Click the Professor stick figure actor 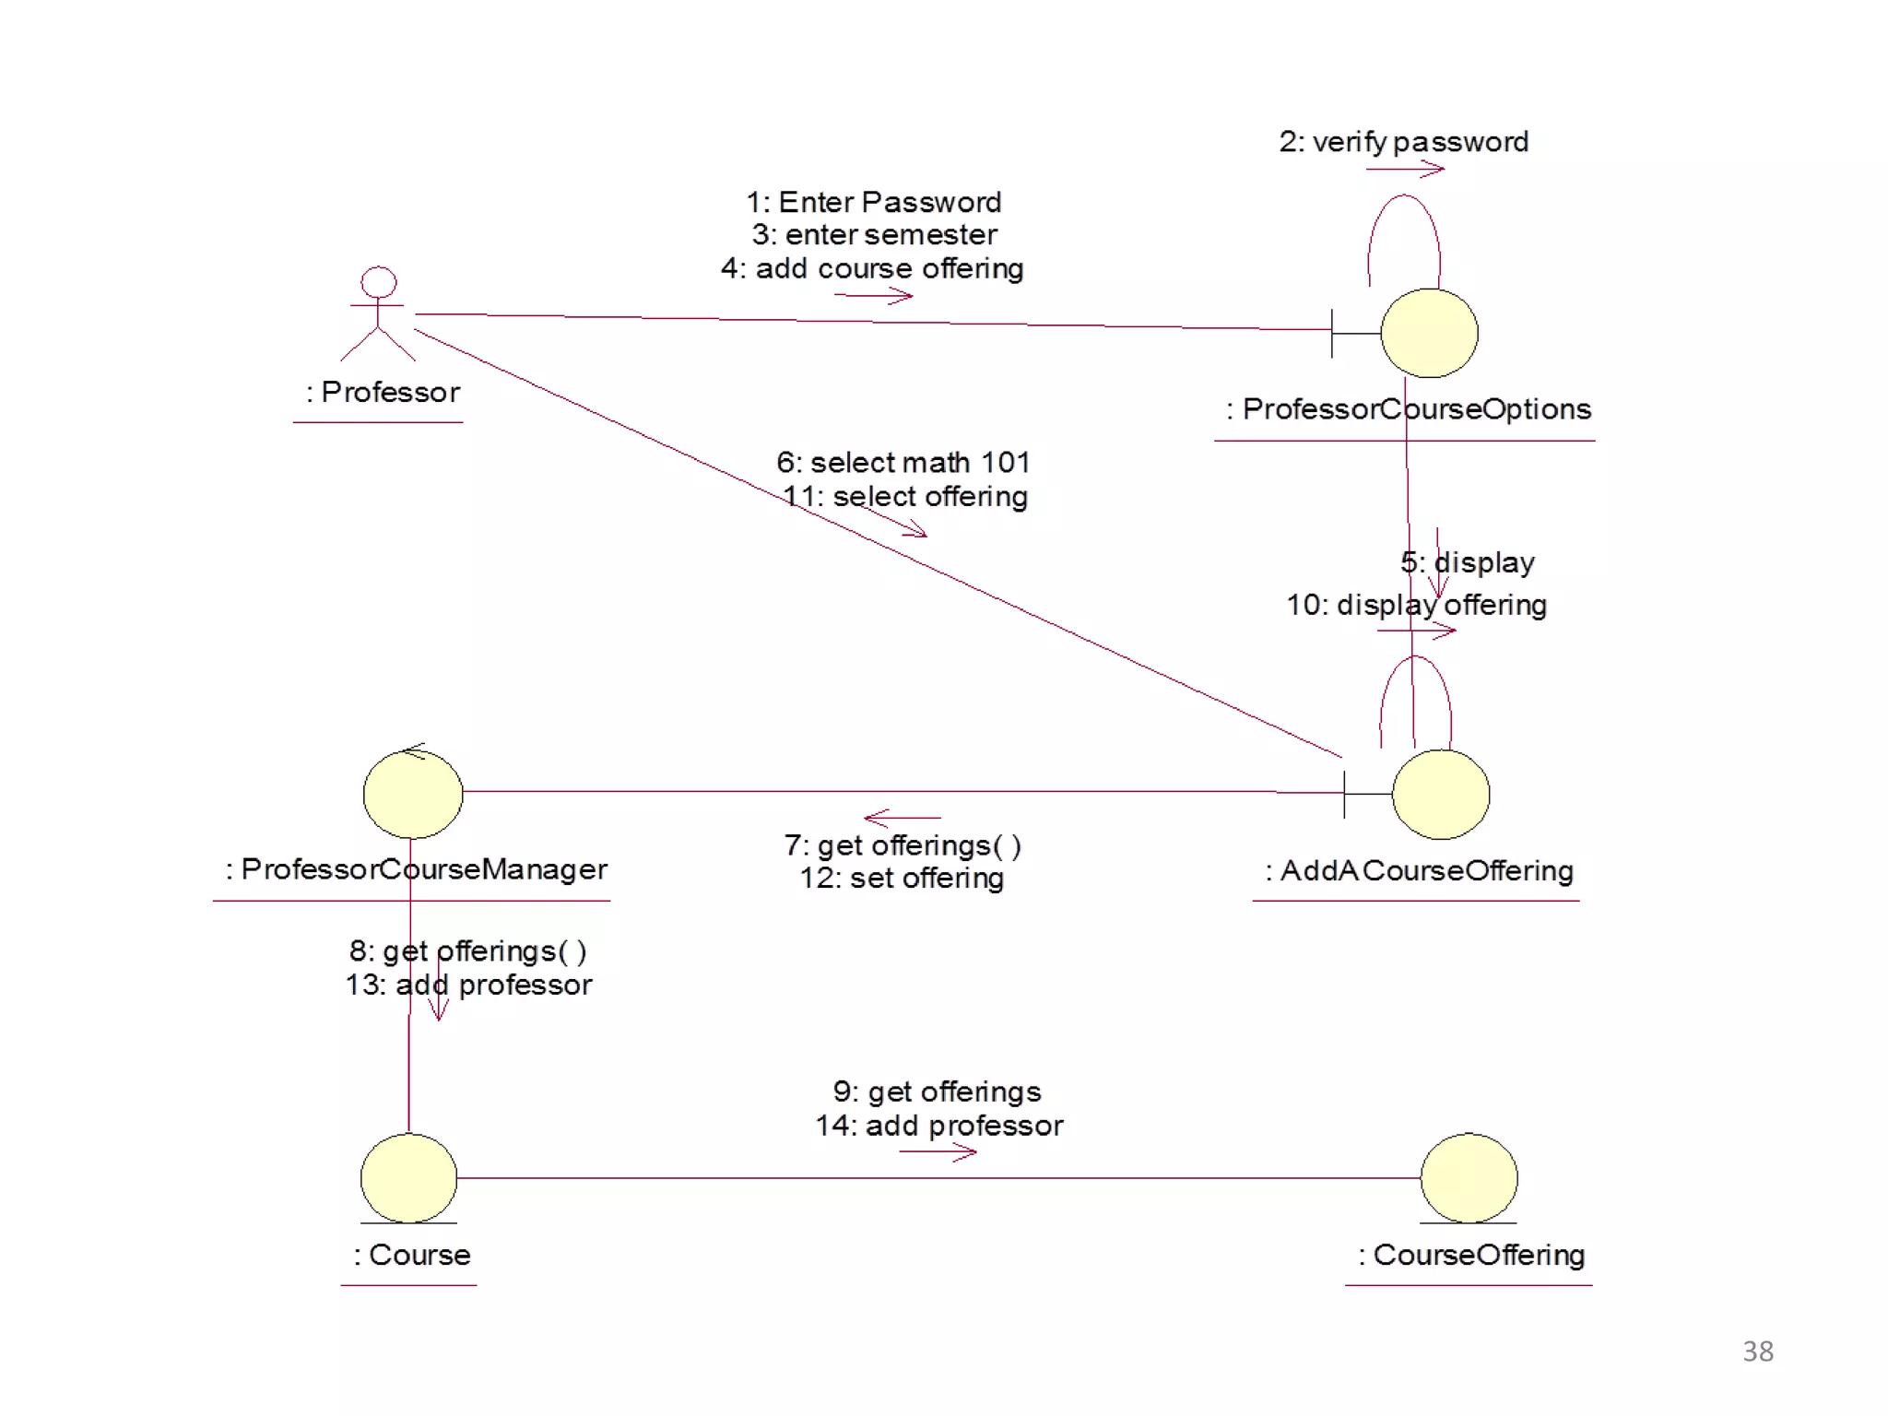pos(378,313)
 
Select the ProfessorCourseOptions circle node pos(1429,333)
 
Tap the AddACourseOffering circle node pos(1440,795)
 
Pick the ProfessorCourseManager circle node pos(412,794)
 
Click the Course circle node pos(408,1178)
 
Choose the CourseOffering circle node pos(1469,1178)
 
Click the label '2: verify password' pos(1403,142)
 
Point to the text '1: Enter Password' pos(873,202)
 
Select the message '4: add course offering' pos(872,268)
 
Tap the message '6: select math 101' pos(903,462)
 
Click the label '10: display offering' pos(1416,605)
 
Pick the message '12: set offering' pos(902,878)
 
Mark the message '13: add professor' pos(468,985)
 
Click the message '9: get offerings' pos(937,1091)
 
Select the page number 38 pos(1757,1351)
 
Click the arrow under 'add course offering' pos(873,296)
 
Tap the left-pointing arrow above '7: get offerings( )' pos(902,818)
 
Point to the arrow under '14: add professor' pos(938,1152)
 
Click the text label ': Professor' pos(383,393)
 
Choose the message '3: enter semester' pos(874,235)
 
